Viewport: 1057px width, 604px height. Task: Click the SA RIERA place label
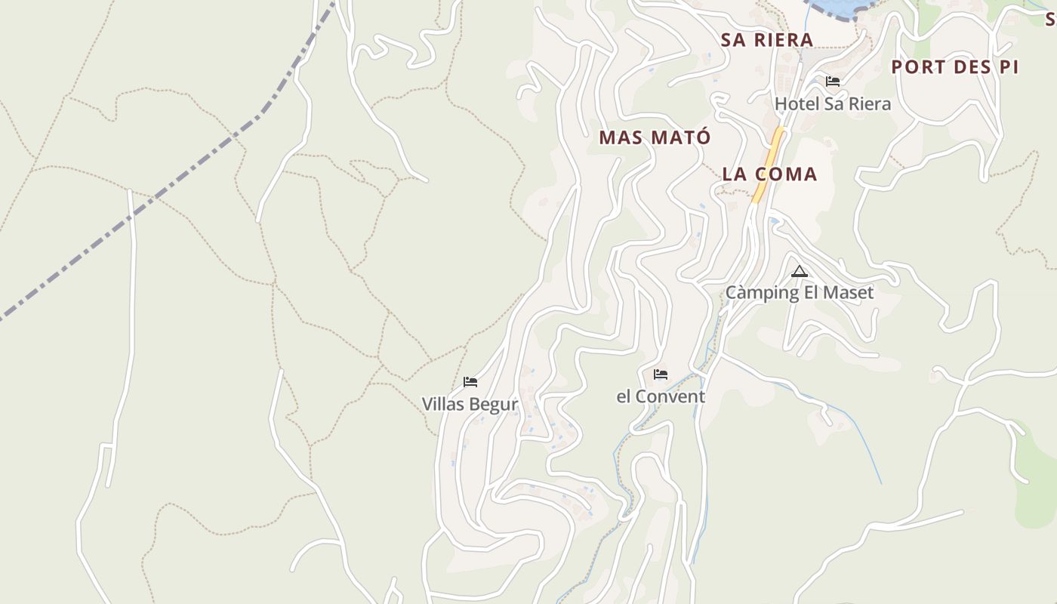[x=766, y=40]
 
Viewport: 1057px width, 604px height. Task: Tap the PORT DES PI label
[x=954, y=67]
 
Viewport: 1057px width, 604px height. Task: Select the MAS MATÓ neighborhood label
[x=655, y=137]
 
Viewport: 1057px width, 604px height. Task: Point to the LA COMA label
[x=769, y=174]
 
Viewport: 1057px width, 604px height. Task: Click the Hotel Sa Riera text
[x=833, y=104]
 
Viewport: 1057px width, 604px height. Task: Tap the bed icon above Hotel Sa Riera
[x=833, y=82]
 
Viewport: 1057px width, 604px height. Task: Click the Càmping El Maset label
[x=799, y=293]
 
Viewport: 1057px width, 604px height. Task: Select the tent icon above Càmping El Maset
[x=799, y=272]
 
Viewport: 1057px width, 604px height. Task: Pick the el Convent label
[x=661, y=396]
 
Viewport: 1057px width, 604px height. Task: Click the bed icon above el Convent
[x=661, y=374]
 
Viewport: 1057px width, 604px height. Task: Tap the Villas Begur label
[x=470, y=404]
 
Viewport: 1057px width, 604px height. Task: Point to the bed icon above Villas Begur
[x=470, y=382]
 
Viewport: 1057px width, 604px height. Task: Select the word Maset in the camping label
[x=848, y=293]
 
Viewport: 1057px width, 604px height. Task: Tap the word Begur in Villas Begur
[x=495, y=404]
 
